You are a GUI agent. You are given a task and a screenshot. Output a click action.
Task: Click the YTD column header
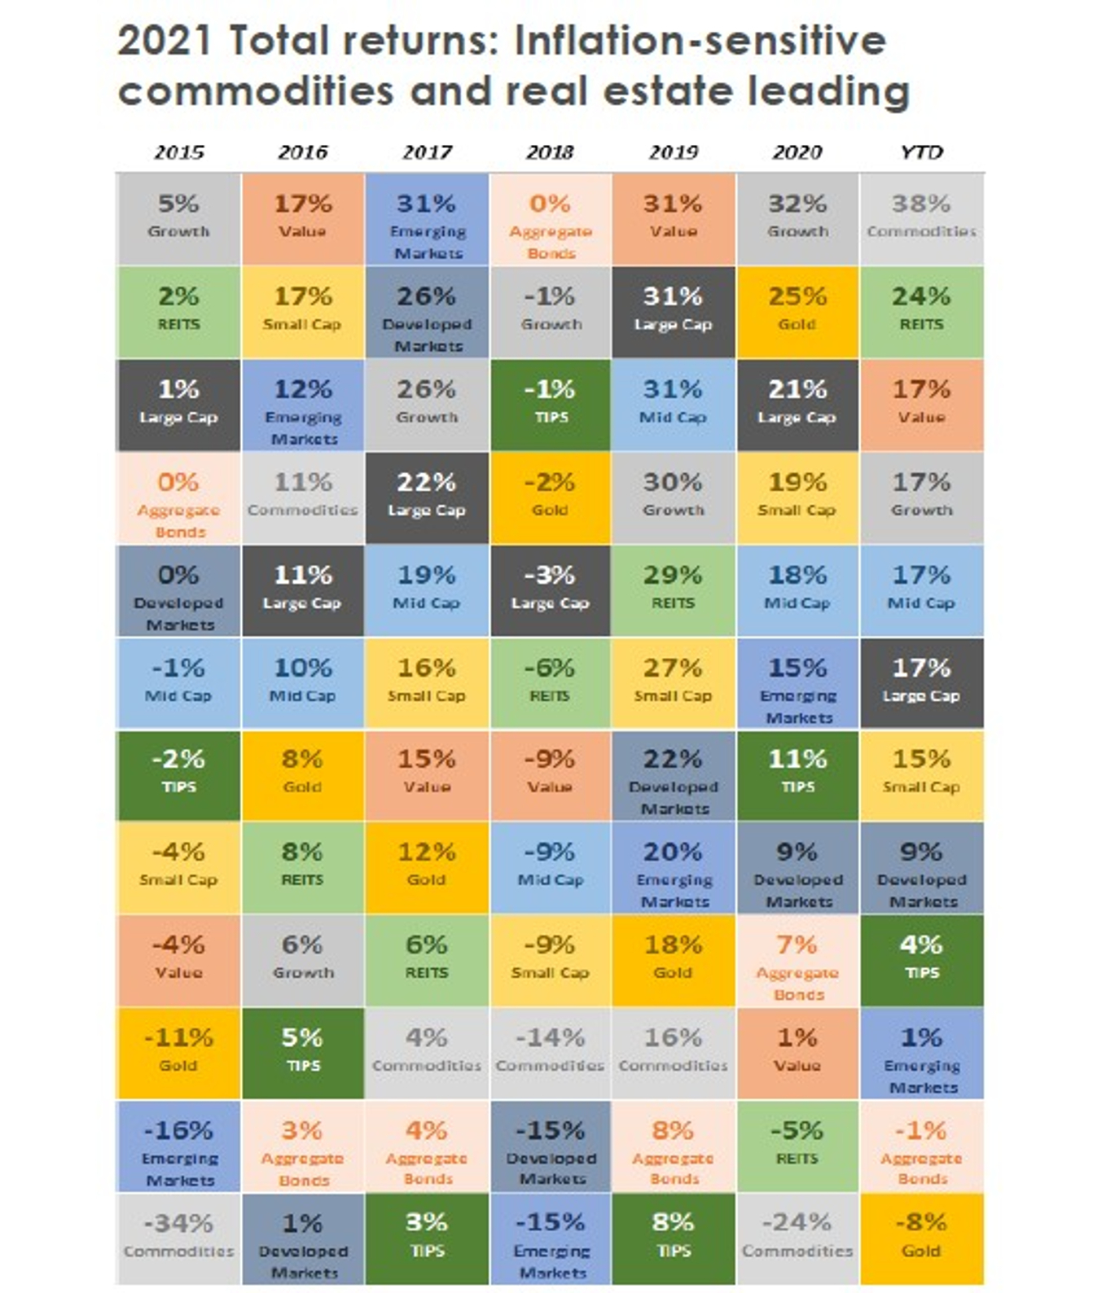921,152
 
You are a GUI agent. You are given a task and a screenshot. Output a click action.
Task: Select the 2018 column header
550,152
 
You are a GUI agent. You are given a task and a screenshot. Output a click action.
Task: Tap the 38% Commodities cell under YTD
921,219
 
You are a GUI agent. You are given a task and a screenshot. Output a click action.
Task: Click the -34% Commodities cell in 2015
178,1239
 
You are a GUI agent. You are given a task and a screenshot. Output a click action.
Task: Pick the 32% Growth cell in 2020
797,219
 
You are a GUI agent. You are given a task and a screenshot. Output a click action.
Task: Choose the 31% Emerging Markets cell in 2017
427,219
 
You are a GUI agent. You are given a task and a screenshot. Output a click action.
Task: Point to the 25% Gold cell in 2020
797,312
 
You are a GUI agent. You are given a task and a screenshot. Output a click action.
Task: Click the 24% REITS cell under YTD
921,312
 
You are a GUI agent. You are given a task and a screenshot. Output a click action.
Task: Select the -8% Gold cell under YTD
921,1239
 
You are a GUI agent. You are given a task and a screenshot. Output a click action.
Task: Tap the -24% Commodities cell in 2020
797,1239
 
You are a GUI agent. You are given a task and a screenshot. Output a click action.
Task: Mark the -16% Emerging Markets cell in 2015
178,1146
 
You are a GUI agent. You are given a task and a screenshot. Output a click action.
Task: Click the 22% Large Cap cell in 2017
427,497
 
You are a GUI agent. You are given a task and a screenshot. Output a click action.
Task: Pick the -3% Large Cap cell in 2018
551,591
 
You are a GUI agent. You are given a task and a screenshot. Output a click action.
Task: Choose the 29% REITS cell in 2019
674,591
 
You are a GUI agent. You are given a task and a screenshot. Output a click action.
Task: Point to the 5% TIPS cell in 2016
302,1054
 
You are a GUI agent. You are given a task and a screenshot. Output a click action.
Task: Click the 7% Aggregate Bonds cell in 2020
797,961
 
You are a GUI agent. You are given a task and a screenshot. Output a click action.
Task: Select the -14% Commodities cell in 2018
551,1054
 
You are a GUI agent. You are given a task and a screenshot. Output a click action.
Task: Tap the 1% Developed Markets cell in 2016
302,1239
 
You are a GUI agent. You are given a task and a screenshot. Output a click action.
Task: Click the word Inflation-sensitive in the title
700,41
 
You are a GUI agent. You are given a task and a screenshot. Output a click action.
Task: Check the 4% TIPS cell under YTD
921,961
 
